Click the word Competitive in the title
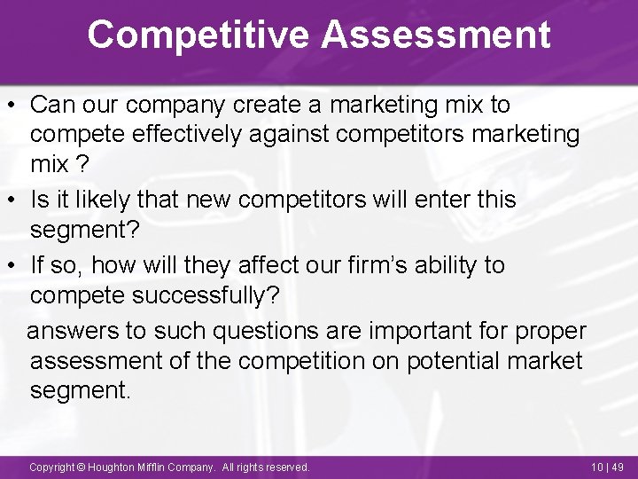(198, 35)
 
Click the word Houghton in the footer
(110, 467)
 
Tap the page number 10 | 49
(605, 467)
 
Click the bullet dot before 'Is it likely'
(13, 200)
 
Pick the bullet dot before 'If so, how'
(13, 265)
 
